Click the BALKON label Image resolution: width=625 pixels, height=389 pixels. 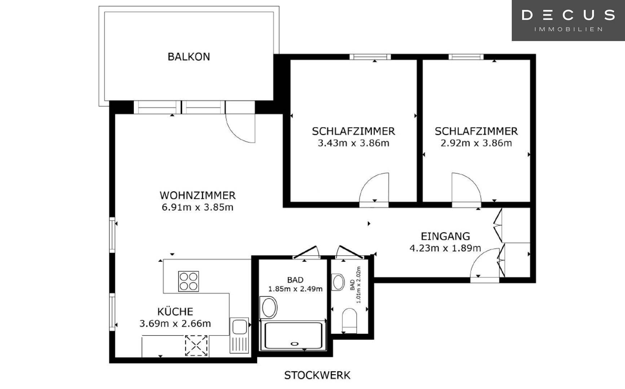coord(189,57)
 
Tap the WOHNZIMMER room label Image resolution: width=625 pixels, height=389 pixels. coord(197,195)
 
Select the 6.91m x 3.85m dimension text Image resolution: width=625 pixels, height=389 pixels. coord(197,207)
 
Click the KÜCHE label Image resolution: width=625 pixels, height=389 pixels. coord(175,312)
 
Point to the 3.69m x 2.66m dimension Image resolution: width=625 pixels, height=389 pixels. coord(175,323)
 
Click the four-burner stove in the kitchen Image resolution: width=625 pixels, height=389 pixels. coord(189,281)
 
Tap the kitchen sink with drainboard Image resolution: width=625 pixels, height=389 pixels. coord(239,335)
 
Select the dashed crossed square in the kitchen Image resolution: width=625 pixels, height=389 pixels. coord(196,346)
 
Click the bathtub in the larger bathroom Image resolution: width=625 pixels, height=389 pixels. coord(293,335)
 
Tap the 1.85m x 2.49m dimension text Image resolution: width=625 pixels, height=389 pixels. coord(295,289)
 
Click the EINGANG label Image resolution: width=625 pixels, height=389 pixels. coord(445,236)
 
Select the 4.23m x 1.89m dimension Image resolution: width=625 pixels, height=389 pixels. coord(445,248)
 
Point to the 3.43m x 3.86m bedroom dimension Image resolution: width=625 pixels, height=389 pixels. coord(353,143)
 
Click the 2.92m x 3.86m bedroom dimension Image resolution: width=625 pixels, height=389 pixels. coord(476,143)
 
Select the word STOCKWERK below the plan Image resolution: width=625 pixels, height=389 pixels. coord(317,375)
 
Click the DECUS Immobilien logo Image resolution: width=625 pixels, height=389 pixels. coord(568,20)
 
